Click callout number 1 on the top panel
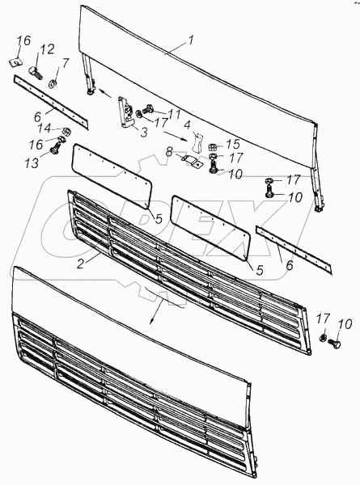pyautogui.click(x=191, y=41)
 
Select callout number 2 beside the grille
pyautogui.click(x=80, y=264)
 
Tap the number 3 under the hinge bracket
pyautogui.click(x=144, y=133)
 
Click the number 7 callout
pyautogui.click(x=65, y=63)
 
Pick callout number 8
pyautogui.click(x=169, y=152)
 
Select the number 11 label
pyautogui.click(x=174, y=115)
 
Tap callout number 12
pyautogui.click(x=47, y=49)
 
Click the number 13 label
pyautogui.click(x=32, y=162)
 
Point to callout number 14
pyautogui.click(x=44, y=128)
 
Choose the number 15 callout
pyautogui.click(x=233, y=144)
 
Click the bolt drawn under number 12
pyautogui.click(x=36, y=73)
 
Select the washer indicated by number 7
pyautogui.click(x=53, y=83)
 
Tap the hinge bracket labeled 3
pyautogui.click(x=125, y=113)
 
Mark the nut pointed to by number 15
pyautogui.click(x=213, y=145)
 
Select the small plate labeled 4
pyautogui.click(x=197, y=141)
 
